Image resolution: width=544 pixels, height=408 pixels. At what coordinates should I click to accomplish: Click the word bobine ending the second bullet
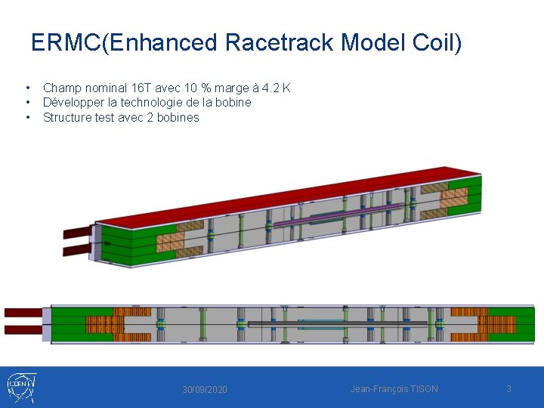click(233, 103)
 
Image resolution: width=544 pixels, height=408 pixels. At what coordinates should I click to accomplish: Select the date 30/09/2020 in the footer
click(204, 389)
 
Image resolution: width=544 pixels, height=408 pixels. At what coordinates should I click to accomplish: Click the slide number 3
click(508, 388)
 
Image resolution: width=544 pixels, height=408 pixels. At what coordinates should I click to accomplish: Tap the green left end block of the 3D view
click(125, 246)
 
